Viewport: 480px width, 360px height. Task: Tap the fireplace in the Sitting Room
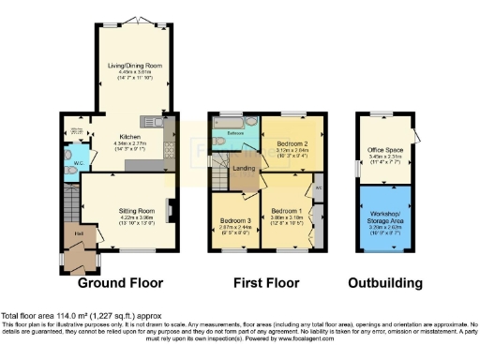click(x=171, y=209)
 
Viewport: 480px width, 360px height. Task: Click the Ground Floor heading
click(x=120, y=282)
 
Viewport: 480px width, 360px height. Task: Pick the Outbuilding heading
click(x=384, y=282)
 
